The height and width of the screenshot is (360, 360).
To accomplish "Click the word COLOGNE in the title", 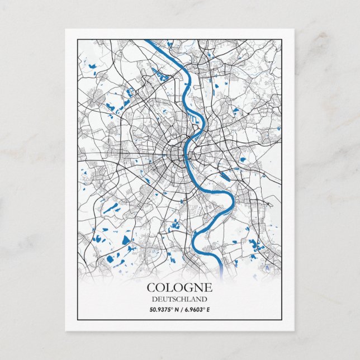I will pyautogui.click(x=179, y=288).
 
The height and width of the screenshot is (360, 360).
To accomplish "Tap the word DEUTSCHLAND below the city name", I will pyautogui.click(x=179, y=299).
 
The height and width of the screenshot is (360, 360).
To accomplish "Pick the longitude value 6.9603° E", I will pyautogui.click(x=196, y=309).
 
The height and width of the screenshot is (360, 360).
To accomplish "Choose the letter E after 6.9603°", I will pyautogui.click(x=208, y=309).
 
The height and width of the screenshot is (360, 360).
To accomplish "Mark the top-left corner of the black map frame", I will pyautogui.click(x=77, y=39).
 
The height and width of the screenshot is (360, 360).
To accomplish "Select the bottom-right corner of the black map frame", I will pyautogui.click(x=281, y=320).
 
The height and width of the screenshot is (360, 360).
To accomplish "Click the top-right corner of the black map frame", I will pyautogui.click(x=281, y=39).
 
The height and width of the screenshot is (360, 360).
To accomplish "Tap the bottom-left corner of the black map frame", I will pyautogui.click(x=77, y=320).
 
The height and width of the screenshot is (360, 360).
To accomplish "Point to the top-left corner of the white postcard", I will pyautogui.click(x=65, y=29).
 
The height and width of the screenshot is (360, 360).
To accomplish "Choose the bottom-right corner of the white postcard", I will pyautogui.click(x=294, y=330).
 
